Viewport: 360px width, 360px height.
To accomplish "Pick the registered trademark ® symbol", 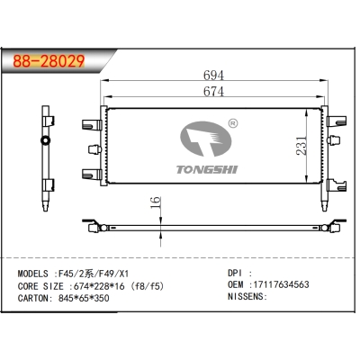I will click(x=234, y=121).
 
